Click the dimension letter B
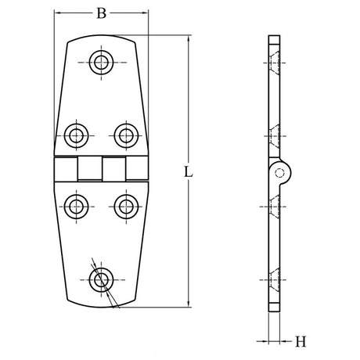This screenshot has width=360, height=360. [100, 13]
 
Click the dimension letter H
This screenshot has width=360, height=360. [301, 341]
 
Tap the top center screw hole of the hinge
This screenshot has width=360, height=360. [101, 63]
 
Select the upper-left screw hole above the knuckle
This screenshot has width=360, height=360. [76, 135]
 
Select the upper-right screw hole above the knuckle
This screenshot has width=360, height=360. [125, 135]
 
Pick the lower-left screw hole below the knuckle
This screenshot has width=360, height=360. [76, 207]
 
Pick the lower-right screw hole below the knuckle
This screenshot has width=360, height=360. [125, 207]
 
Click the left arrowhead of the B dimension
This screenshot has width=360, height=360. [58, 13]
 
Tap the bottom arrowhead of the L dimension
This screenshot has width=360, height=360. [189, 304]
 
